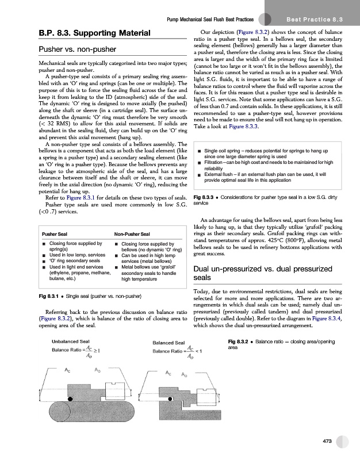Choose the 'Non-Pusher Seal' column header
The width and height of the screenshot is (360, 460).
(132, 234)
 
